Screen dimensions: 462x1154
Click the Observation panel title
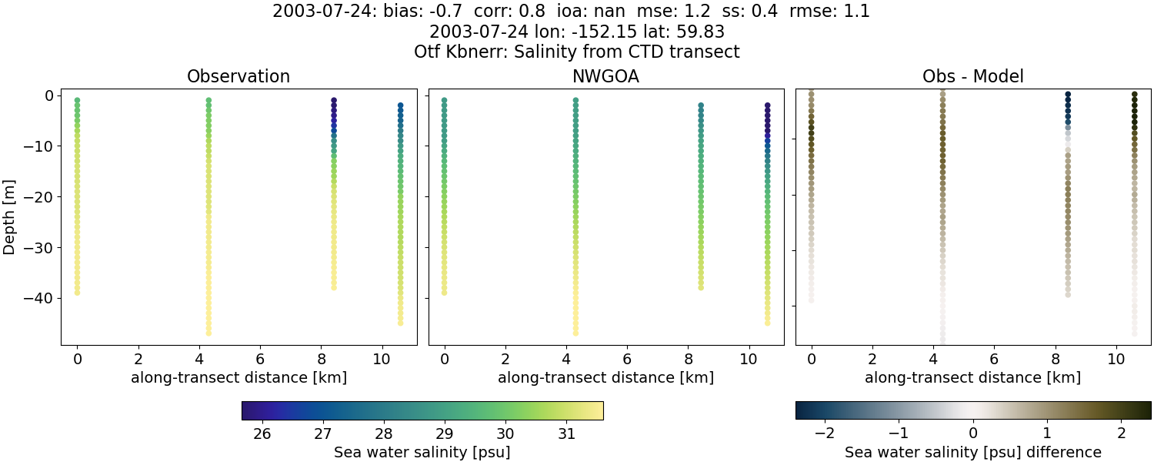pyautogui.click(x=238, y=77)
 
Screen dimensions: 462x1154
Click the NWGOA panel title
pyautogui.click(x=605, y=77)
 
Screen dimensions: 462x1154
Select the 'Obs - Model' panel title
pyautogui.click(x=972, y=77)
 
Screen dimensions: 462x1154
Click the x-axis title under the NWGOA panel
pyautogui.click(x=605, y=377)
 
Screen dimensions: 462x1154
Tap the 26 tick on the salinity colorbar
pyautogui.click(x=262, y=434)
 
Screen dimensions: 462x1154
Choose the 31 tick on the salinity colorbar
pyautogui.click(x=566, y=434)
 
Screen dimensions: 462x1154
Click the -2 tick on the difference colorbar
pyautogui.click(x=825, y=434)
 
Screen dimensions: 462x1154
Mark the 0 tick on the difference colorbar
pyautogui.click(x=973, y=434)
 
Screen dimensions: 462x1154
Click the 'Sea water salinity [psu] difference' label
pyautogui.click(x=972, y=452)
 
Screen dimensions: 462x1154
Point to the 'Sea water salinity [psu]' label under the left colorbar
pyautogui.click(x=422, y=452)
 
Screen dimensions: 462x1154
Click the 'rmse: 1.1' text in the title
pyautogui.click(x=833, y=12)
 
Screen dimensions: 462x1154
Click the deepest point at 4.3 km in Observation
pyautogui.click(x=208, y=333)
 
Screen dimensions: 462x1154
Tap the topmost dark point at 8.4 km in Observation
pyautogui.click(x=334, y=101)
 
